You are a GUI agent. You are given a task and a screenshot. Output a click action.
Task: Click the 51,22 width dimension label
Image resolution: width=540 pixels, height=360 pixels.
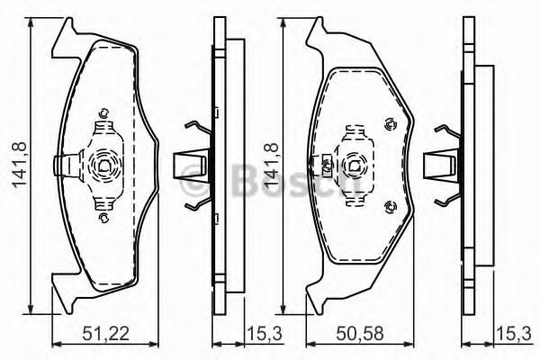tap(105, 334)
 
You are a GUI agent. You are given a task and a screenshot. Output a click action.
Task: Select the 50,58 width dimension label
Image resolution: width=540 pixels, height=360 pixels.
tap(360, 334)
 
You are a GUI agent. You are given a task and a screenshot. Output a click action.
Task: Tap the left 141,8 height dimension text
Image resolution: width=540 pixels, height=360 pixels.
tap(20, 166)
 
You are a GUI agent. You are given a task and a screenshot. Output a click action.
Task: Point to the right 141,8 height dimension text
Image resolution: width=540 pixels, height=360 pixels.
tap(271, 166)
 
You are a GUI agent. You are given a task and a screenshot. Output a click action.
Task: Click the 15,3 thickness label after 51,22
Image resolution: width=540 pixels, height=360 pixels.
tap(265, 334)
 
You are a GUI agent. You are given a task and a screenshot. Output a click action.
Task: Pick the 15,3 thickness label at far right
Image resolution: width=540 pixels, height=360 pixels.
tap(514, 334)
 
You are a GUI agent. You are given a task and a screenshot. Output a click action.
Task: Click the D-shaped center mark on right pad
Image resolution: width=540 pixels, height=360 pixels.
tap(355, 166)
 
